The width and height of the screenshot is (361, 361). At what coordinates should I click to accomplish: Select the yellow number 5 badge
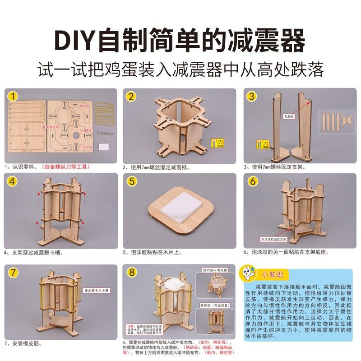pyautogui.click(x=131, y=181)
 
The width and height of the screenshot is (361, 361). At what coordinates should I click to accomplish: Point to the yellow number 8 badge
pyautogui.click(x=131, y=273)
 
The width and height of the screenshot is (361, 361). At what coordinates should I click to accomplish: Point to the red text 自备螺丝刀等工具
pyautogui.click(x=66, y=167)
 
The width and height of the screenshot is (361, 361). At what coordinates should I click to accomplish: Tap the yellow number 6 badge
pyautogui.click(x=253, y=181)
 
